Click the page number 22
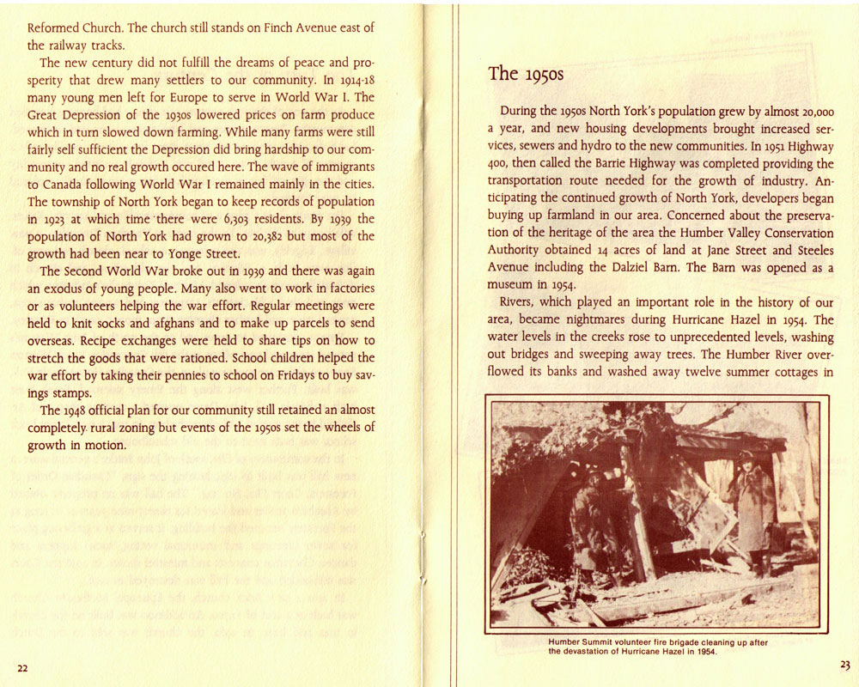(22, 668)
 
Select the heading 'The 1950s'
(526, 74)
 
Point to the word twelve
(684, 373)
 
